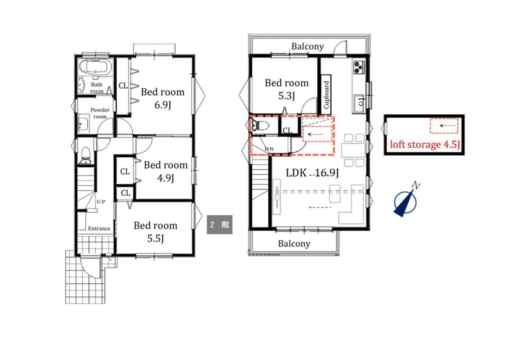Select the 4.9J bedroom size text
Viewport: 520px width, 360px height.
[x=166, y=178]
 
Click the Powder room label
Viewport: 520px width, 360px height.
[x=100, y=113]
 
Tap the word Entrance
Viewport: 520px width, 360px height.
[x=99, y=228]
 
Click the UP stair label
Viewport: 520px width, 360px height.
[x=101, y=201]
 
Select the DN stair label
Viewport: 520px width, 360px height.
[x=269, y=149]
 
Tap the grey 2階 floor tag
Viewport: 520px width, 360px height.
[x=219, y=225]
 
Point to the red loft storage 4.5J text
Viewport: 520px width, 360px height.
[x=425, y=144]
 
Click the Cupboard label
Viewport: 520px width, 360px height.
[x=326, y=94]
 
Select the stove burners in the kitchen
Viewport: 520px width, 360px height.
[x=359, y=66]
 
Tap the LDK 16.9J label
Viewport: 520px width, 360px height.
[x=312, y=172]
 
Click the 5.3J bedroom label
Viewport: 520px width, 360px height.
[x=286, y=96]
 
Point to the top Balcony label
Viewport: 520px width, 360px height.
[x=307, y=46]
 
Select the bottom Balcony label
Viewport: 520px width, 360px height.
[x=294, y=243]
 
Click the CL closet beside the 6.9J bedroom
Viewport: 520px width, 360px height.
[x=123, y=85]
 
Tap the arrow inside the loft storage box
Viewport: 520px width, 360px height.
[x=444, y=125]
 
